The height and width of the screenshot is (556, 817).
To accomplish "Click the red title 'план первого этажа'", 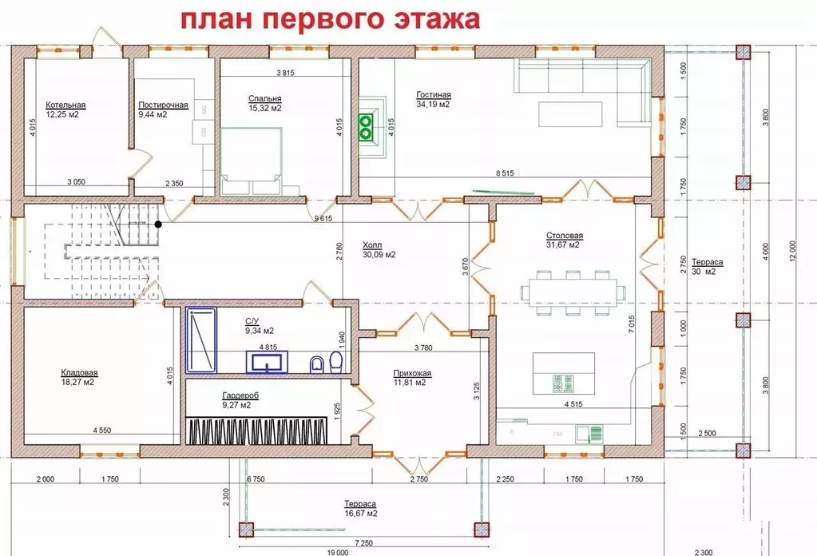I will (329, 19).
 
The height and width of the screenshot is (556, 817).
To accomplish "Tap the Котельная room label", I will (65, 105).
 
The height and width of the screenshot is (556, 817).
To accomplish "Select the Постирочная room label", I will (162, 105).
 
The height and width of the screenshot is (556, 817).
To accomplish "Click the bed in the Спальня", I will (252, 160).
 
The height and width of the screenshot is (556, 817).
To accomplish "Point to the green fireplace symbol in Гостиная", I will (367, 125).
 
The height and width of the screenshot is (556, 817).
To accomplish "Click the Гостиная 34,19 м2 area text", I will (433, 104).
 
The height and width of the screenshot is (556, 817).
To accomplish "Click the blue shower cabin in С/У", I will (202, 341).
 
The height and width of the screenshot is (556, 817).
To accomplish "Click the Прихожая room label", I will (412, 372).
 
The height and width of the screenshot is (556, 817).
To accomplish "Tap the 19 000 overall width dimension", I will (338, 551).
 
